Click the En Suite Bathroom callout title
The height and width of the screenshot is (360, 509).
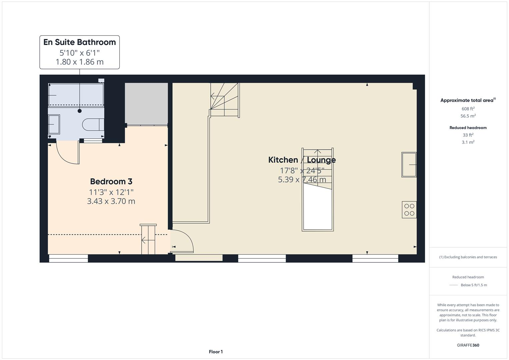(x=80, y=42)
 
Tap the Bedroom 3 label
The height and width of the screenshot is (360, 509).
(x=111, y=182)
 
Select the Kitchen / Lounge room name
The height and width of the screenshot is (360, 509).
(x=302, y=160)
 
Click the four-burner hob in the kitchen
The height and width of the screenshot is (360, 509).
(x=409, y=210)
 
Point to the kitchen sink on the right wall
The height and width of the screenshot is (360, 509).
(x=409, y=165)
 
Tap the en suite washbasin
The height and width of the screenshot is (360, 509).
(x=54, y=124)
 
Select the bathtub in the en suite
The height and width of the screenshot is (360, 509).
(x=76, y=95)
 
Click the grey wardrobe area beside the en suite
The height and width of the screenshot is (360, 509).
(x=146, y=104)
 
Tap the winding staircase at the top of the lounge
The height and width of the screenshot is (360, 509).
(x=224, y=100)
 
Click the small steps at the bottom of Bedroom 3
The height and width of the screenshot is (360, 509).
(x=148, y=240)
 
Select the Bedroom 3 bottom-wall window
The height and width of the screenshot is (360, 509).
(x=68, y=258)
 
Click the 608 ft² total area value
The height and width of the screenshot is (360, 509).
(x=468, y=109)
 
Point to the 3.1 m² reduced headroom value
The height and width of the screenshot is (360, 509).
(x=468, y=142)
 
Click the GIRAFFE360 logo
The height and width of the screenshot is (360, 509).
(x=468, y=345)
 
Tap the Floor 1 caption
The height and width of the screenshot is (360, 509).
(x=216, y=352)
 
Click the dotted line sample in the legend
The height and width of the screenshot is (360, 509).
(x=454, y=285)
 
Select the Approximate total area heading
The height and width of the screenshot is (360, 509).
(x=468, y=100)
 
